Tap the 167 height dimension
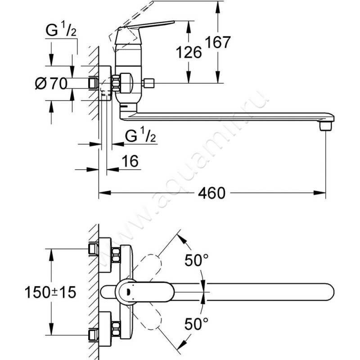[217, 43]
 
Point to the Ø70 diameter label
[50, 83]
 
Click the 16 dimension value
[130, 162]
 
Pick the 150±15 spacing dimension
[50, 292]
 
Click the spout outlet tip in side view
[325, 126]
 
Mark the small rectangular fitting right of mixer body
[148, 83]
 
